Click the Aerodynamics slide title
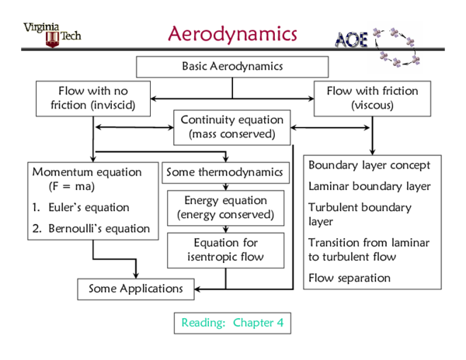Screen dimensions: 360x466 [232, 34]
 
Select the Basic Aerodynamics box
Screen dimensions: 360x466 [232, 67]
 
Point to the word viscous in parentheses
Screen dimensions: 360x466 [372, 105]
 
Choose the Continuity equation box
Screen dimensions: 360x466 [231, 127]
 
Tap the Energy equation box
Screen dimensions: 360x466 [226, 207]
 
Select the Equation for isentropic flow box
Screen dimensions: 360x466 [226, 250]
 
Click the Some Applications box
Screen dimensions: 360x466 [135, 289]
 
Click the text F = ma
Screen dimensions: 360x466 [67, 186]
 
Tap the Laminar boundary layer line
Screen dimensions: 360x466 [369, 186]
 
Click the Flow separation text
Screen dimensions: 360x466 [349, 278]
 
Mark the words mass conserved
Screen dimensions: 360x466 [231, 134]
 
